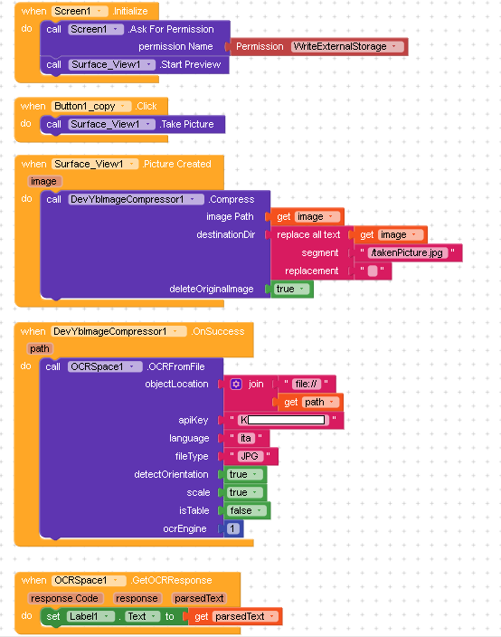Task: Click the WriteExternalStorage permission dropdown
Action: coord(347,47)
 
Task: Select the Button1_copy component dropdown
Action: coord(91,107)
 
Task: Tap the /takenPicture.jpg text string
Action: coord(407,252)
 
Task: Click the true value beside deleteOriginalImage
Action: coord(290,289)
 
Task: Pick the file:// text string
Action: coord(307,384)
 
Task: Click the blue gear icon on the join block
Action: coord(236,384)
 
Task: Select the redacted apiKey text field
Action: coord(283,420)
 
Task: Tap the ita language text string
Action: coord(246,438)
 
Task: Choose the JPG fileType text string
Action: coord(250,456)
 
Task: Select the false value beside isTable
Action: coord(247,510)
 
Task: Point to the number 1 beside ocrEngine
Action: coord(232,528)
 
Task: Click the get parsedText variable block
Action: coord(235,617)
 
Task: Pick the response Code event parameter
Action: coord(65,598)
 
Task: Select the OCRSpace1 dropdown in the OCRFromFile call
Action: coord(104,366)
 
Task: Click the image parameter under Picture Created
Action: coord(44,181)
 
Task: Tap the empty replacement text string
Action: coord(373,271)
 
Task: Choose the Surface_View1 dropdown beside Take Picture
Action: coord(111,124)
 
